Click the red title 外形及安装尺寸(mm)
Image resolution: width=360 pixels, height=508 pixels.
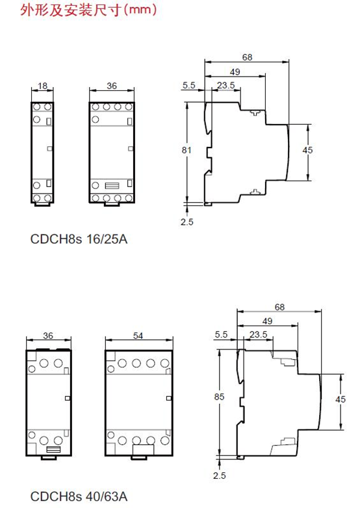click(x=88, y=9)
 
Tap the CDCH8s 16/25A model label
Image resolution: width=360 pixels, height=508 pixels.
click(x=79, y=239)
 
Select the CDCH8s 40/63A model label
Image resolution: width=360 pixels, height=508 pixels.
click(x=79, y=496)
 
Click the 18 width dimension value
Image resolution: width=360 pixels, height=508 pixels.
click(x=42, y=86)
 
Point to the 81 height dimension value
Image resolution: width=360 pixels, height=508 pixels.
click(x=186, y=150)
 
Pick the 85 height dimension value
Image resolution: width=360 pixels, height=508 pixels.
click(x=219, y=396)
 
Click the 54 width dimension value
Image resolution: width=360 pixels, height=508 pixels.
click(x=138, y=336)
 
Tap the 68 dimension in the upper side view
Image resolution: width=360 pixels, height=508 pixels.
click(x=247, y=57)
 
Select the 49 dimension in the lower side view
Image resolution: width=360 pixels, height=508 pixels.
click(x=267, y=321)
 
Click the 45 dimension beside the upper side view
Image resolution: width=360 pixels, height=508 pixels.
click(x=307, y=150)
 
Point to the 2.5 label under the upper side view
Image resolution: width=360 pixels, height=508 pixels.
click(x=187, y=222)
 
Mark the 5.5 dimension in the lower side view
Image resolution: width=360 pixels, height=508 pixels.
click(x=221, y=335)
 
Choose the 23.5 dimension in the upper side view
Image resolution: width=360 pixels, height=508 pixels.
click(x=226, y=85)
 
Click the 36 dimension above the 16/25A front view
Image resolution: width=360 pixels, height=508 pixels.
click(x=112, y=86)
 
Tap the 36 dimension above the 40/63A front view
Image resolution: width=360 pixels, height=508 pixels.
click(x=48, y=336)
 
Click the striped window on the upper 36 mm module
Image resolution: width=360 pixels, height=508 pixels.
click(x=112, y=186)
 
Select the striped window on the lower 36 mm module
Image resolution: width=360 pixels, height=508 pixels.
click(x=53, y=450)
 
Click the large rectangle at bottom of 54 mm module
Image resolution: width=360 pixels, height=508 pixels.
click(x=143, y=450)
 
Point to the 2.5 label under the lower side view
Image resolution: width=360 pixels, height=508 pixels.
click(x=220, y=476)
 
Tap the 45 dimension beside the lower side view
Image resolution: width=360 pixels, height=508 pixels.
click(x=341, y=399)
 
